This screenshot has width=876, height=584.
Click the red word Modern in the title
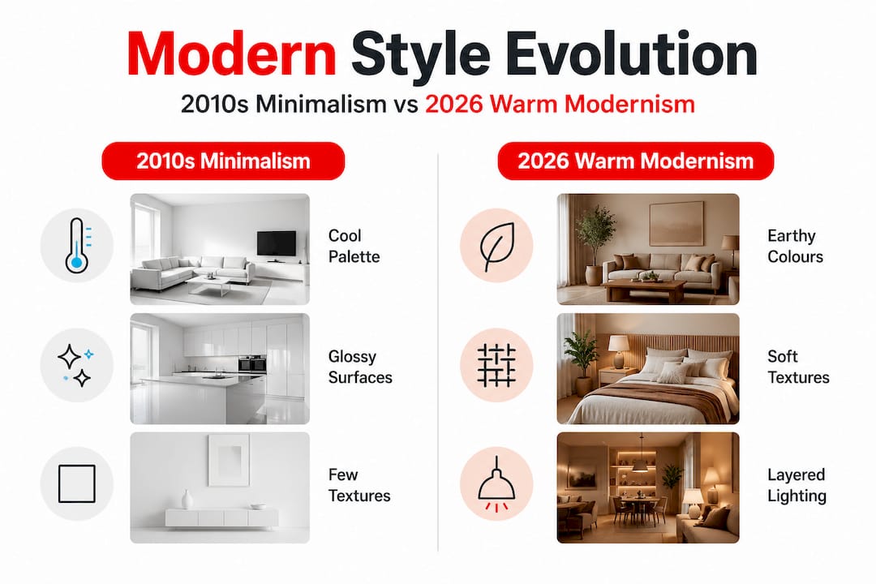point(231,54)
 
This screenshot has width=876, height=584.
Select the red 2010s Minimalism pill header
point(223,161)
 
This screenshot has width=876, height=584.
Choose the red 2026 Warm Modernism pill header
point(635,161)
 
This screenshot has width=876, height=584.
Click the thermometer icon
point(76,245)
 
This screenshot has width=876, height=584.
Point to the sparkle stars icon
point(76,366)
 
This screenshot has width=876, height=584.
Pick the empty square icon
point(76,484)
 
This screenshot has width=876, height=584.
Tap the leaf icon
point(496,246)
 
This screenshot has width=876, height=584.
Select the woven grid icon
point(496,366)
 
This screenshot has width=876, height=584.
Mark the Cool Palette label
point(354,246)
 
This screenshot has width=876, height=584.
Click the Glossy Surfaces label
point(360,367)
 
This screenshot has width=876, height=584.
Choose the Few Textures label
point(359,485)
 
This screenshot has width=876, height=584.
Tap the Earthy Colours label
point(795,246)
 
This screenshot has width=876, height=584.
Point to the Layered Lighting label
point(797,485)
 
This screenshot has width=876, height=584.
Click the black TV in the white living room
point(277,243)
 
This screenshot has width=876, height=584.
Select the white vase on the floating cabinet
point(187,499)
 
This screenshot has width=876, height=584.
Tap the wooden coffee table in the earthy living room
point(645,290)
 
